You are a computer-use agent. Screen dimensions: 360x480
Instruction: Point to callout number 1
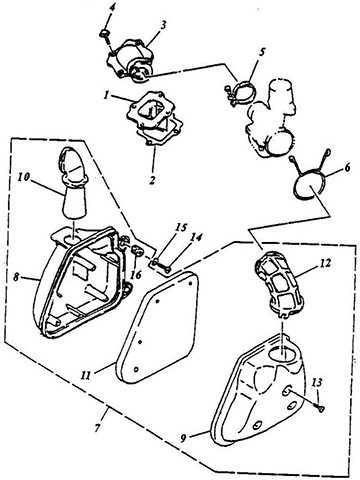click(106, 96)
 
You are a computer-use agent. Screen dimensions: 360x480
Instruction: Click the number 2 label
click(152, 180)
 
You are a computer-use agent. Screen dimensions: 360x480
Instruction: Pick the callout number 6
click(347, 168)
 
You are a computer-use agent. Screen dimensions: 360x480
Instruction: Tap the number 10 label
click(23, 178)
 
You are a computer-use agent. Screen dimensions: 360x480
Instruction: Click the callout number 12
click(325, 263)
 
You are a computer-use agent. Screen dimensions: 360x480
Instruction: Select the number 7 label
click(97, 428)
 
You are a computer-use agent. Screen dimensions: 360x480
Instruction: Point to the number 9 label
click(183, 439)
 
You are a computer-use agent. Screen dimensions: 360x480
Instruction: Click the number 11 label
click(86, 375)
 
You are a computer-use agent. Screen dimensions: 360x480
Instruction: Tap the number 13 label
click(318, 383)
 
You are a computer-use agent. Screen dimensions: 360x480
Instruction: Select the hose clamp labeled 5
click(240, 91)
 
